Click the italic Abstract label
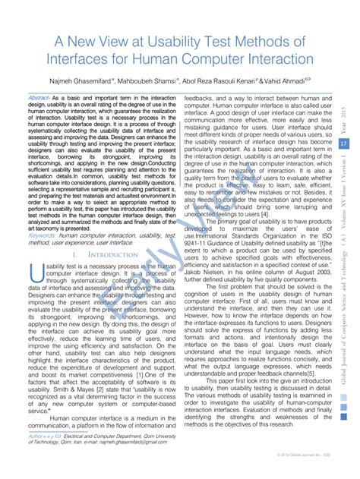[39, 99]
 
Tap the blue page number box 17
[343, 144]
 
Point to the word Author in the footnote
[38, 436]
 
